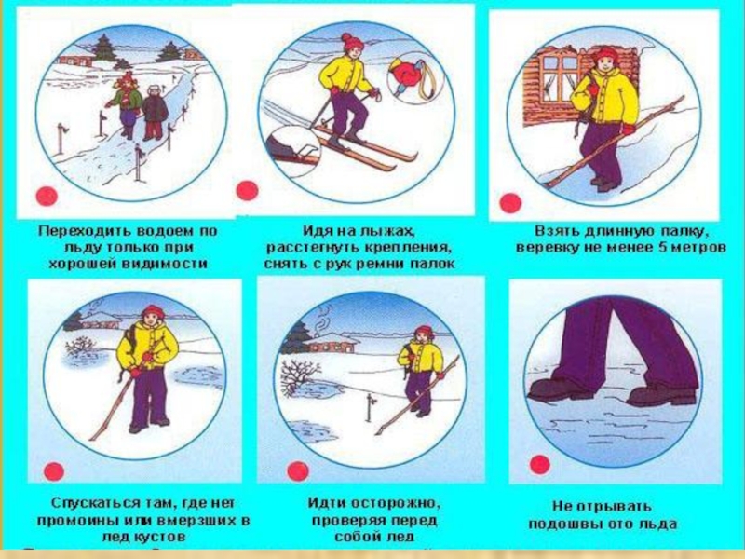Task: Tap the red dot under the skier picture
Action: tap(247, 191)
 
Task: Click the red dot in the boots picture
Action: tap(540, 464)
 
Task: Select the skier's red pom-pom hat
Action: tap(351, 42)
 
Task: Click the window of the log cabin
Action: tap(561, 77)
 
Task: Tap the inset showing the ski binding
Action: tap(293, 151)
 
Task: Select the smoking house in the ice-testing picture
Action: tap(330, 343)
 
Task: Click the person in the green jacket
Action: tap(126, 104)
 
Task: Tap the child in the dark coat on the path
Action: tap(154, 113)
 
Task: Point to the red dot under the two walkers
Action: tap(47, 196)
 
